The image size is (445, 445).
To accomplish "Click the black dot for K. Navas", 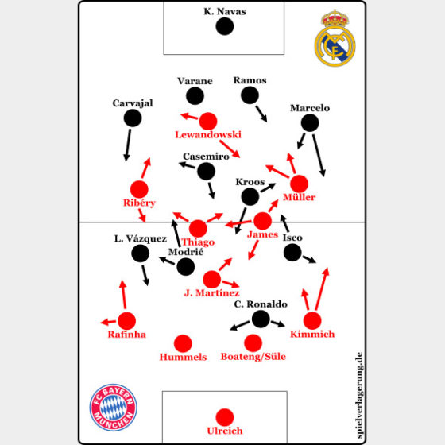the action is coord(225,26).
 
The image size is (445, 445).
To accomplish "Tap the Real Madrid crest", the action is coord(335,38).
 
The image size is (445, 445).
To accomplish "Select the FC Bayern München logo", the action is coord(114,407).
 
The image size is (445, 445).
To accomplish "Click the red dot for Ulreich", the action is coord(225,417).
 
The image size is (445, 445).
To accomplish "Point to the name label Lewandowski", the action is coord(208,135).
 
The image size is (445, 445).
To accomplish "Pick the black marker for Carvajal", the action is coord(133,118).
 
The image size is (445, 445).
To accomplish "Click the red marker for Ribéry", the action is coord(139,189).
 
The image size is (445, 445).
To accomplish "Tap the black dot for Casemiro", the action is coord(207,171).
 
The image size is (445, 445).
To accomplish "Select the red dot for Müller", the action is coord(300,184).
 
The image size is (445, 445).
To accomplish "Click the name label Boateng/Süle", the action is coord(253,357).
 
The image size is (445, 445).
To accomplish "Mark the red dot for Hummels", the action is coord(183,343).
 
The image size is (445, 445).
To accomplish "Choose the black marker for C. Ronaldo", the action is coord(261,319).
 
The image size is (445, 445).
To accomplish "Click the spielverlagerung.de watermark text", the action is coord(358,395).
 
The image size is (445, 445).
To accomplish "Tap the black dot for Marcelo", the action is coord(310,123).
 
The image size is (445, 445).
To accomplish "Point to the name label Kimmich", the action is coord(312,335).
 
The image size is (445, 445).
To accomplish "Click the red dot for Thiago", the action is coord(198,229).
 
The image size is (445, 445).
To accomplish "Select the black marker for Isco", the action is coord(292,253).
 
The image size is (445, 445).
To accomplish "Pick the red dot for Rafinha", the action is coord(127,321).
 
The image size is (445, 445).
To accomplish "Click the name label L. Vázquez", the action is coord(141,238).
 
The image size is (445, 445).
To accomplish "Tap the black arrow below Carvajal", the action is coord(128,145).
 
